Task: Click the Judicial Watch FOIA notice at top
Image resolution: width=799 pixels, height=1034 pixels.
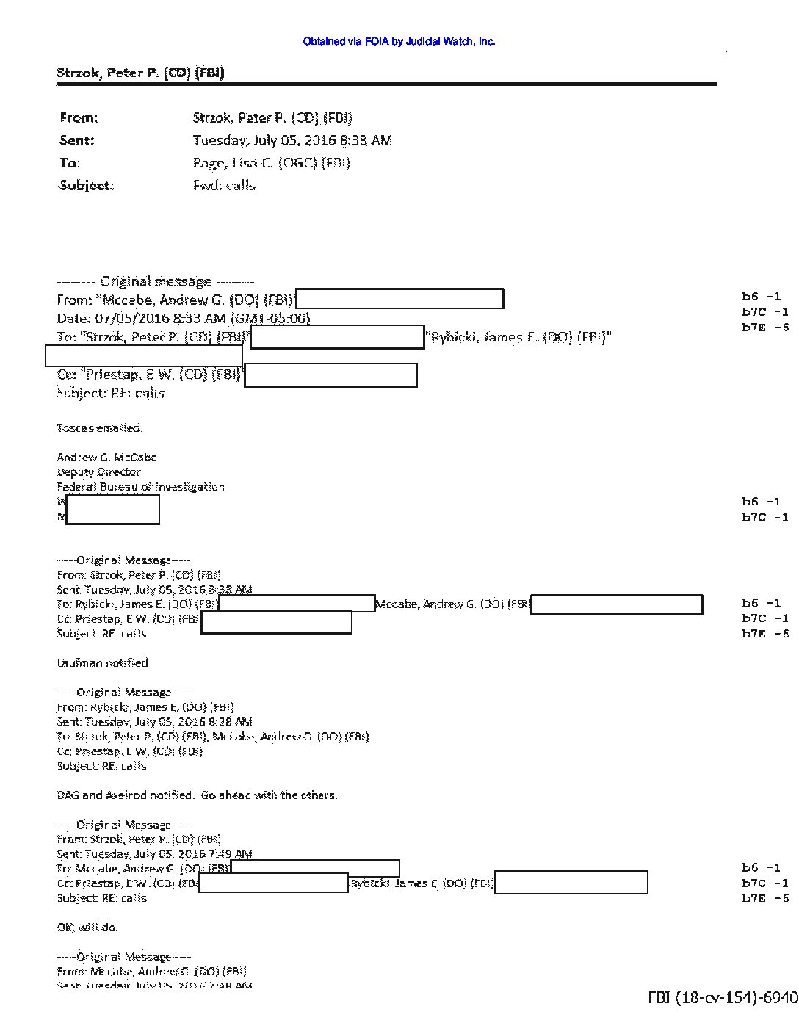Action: (x=399, y=42)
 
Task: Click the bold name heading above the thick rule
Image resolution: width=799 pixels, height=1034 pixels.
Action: (x=140, y=73)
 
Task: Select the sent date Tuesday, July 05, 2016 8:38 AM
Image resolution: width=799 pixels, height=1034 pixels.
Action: (x=292, y=140)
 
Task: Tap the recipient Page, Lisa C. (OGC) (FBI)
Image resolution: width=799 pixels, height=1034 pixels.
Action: (x=271, y=163)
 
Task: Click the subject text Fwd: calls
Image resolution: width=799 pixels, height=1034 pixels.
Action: (x=223, y=185)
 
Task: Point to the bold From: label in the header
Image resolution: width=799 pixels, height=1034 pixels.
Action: (x=79, y=118)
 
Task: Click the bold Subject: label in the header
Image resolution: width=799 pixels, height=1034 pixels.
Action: (x=87, y=185)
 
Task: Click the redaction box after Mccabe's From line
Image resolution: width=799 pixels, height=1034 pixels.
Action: (x=399, y=299)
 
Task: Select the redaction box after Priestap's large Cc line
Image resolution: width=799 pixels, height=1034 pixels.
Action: (x=330, y=375)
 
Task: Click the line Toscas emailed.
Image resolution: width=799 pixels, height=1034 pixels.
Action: (x=99, y=427)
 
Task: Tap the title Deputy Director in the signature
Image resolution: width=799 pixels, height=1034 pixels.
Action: (x=98, y=472)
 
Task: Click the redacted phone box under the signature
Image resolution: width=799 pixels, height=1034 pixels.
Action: (x=112, y=509)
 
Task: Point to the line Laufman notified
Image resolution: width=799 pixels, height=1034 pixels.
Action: (x=102, y=662)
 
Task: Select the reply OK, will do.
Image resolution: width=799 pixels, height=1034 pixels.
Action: (x=87, y=927)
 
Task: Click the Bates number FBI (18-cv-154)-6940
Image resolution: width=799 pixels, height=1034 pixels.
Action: (x=722, y=997)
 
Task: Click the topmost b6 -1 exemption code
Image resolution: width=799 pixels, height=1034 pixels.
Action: (x=761, y=297)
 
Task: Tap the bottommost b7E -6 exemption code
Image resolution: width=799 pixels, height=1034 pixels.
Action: (x=765, y=898)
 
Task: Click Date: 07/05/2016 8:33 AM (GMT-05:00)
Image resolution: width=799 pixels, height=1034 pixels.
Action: (x=184, y=318)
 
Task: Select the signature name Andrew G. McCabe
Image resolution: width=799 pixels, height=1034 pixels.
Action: (x=106, y=457)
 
